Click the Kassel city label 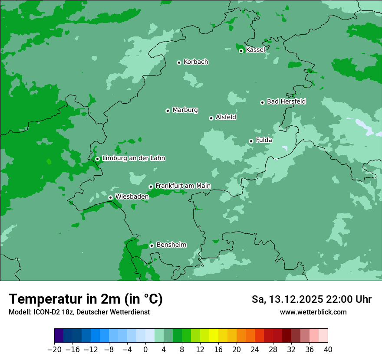[255, 50]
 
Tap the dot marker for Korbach [179, 62]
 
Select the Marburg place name [185, 110]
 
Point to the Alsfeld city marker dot [211, 118]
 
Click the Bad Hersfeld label [286, 101]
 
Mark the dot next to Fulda [251, 141]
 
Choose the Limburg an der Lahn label [133, 158]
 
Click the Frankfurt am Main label [183, 186]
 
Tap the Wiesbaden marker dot [110, 197]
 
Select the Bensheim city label [171, 245]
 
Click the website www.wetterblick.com [313, 312]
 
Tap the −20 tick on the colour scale [54, 349]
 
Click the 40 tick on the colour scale [328, 349]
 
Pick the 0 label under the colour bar [145, 349]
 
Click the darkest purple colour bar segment [59, 336]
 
